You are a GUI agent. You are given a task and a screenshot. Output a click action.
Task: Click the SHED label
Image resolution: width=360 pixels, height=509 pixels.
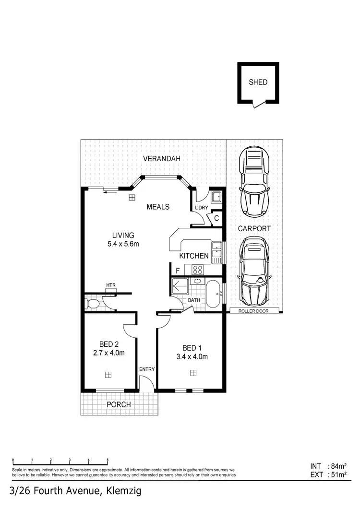coord(258,82)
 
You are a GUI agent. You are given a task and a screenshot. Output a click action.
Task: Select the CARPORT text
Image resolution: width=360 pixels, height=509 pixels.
coord(254,229)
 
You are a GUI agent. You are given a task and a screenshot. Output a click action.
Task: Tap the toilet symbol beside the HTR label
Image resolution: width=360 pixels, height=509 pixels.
coord(93,304)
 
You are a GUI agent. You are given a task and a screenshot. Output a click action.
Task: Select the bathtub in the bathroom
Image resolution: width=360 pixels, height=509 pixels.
coord(213,293)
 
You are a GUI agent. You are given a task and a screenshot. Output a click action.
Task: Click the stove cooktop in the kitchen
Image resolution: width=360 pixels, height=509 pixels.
coord(198,270)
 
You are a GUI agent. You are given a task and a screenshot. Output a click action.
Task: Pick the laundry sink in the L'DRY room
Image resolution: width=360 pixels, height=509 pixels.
coord(216,196)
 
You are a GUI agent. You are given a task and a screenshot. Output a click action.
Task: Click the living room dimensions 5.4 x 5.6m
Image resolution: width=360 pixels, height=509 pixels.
coord(123,244)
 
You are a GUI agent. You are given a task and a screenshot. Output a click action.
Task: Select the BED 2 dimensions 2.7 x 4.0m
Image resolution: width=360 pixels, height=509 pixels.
coord(109,353)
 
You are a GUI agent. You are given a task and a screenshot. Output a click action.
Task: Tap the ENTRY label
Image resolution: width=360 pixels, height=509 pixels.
coord(146,369)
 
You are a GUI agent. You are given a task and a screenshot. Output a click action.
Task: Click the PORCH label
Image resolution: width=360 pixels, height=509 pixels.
coord(119,404)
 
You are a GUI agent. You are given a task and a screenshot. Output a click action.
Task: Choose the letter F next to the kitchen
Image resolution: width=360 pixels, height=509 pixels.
coord(177,271)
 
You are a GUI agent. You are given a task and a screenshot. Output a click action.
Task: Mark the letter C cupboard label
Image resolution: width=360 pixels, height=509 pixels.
coord(216,218)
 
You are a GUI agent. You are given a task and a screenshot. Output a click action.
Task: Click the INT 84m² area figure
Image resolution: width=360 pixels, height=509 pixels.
coord(329,466)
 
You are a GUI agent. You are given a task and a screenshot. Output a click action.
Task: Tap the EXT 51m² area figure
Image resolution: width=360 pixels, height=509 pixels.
coord(329,475)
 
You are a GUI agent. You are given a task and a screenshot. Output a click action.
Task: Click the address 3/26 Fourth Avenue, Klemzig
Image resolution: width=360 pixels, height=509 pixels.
coord(75,491)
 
